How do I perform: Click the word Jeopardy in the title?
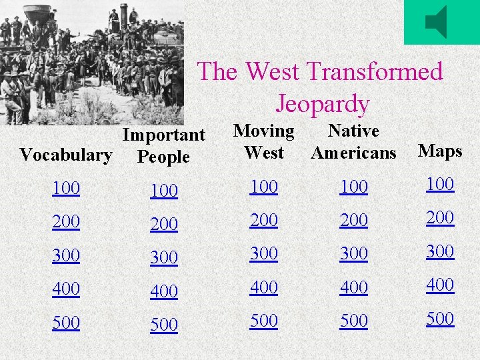coord(322,104)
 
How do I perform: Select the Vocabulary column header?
coord(65,155)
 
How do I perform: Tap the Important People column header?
coord(163,146)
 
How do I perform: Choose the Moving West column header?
coord(264,141)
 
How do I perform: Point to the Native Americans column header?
coord(353,141)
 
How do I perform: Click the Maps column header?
coord(440,151)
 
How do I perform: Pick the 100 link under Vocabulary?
coord(65,189)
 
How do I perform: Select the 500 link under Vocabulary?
coord(65,323)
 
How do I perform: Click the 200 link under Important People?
coord(164,225)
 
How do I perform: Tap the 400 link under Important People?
coord(164,291)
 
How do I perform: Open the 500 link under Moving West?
coord(264,321)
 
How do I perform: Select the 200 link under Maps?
coord(440,217)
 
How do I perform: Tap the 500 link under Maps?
coord(440,318)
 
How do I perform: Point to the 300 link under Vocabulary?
coord(65,255)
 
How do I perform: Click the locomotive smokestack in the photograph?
coord(123,16)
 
